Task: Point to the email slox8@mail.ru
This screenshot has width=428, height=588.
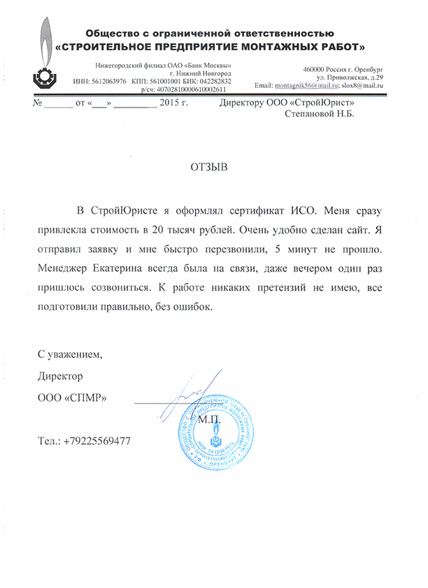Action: (362, 85)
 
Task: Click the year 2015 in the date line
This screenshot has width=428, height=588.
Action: (170, 103)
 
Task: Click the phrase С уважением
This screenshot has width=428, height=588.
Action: (70, 355)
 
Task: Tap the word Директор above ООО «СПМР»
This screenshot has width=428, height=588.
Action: (60, 376)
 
